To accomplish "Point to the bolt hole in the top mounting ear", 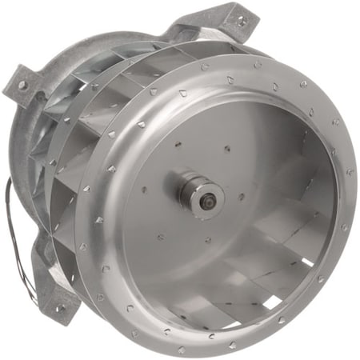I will coord(234,13).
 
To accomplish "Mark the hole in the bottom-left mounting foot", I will coord(58,307).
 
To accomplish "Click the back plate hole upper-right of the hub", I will coord(227,148).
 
